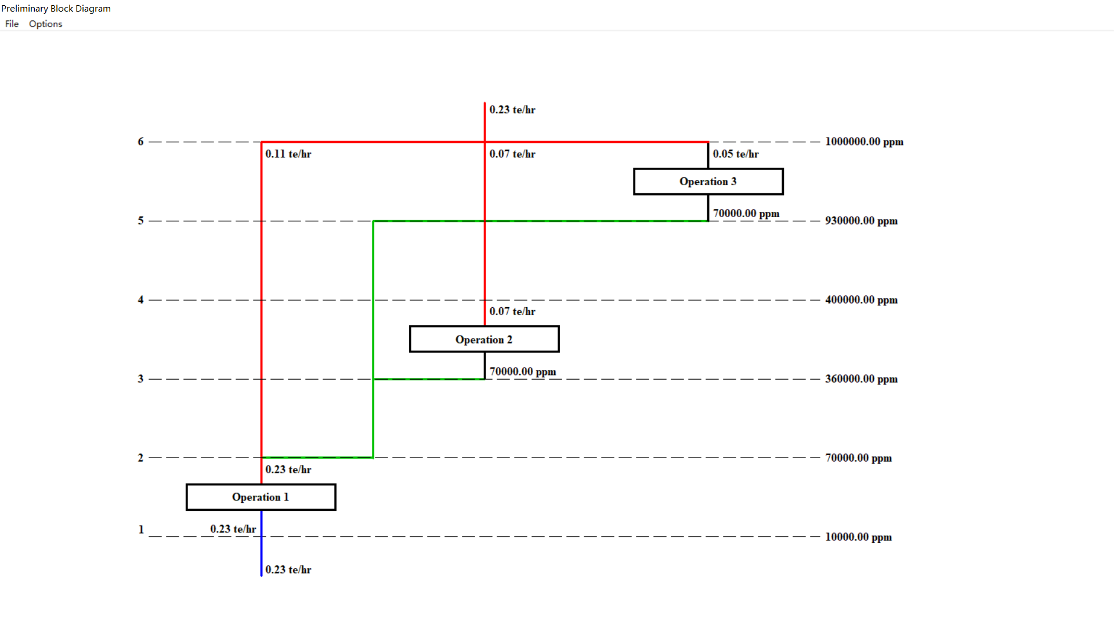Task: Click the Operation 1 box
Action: click(x=261, y=498)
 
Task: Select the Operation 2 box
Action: click(x=484, y=340)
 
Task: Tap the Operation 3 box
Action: click(x=708, y=182)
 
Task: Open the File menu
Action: click(x=12, y=24)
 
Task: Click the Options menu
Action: click(x=45, y=24)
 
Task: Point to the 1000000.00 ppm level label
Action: click(x=864, y=142)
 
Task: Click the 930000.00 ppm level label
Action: click(x=861, y=221)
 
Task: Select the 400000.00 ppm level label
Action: click(x=861, y=300)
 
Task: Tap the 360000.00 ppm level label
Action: click(x=861, y=379)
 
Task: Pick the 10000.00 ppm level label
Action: click(x=858, y=537)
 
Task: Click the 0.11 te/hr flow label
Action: click(x=288, y=154)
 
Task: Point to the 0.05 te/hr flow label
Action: click(x=736, y=154)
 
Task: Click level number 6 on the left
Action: click(x=140, y=142)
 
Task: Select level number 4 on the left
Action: click(x=140, y=300)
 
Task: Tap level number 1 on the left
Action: click(x=141, y=529)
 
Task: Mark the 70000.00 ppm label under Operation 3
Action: click(x=746, y=214)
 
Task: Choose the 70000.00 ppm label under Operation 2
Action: click(x=523, y=372)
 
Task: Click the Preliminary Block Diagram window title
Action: click(x=56, y=9)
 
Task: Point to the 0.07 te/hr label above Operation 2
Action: click(x=512, y=312)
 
